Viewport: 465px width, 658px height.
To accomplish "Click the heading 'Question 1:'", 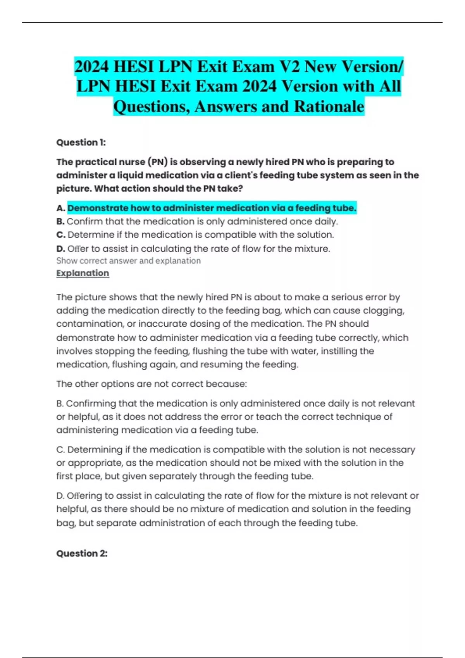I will (x=81, y=142).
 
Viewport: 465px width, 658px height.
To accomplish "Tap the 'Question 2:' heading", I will (x=82, y=553).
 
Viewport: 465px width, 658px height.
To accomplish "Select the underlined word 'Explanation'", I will (x=83, y=273).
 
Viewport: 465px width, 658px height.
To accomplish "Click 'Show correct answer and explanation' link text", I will (x=128, y=261).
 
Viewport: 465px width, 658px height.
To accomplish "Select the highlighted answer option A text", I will (x=212, y=208).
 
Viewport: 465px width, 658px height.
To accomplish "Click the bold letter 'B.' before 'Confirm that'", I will (x=60, y=222).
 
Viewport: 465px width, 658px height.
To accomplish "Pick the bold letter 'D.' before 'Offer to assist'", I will (x=60, y=249).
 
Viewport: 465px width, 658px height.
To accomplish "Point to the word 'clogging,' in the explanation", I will (x=384, y=311).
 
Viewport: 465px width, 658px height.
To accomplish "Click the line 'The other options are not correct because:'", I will (x=152, y=384).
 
